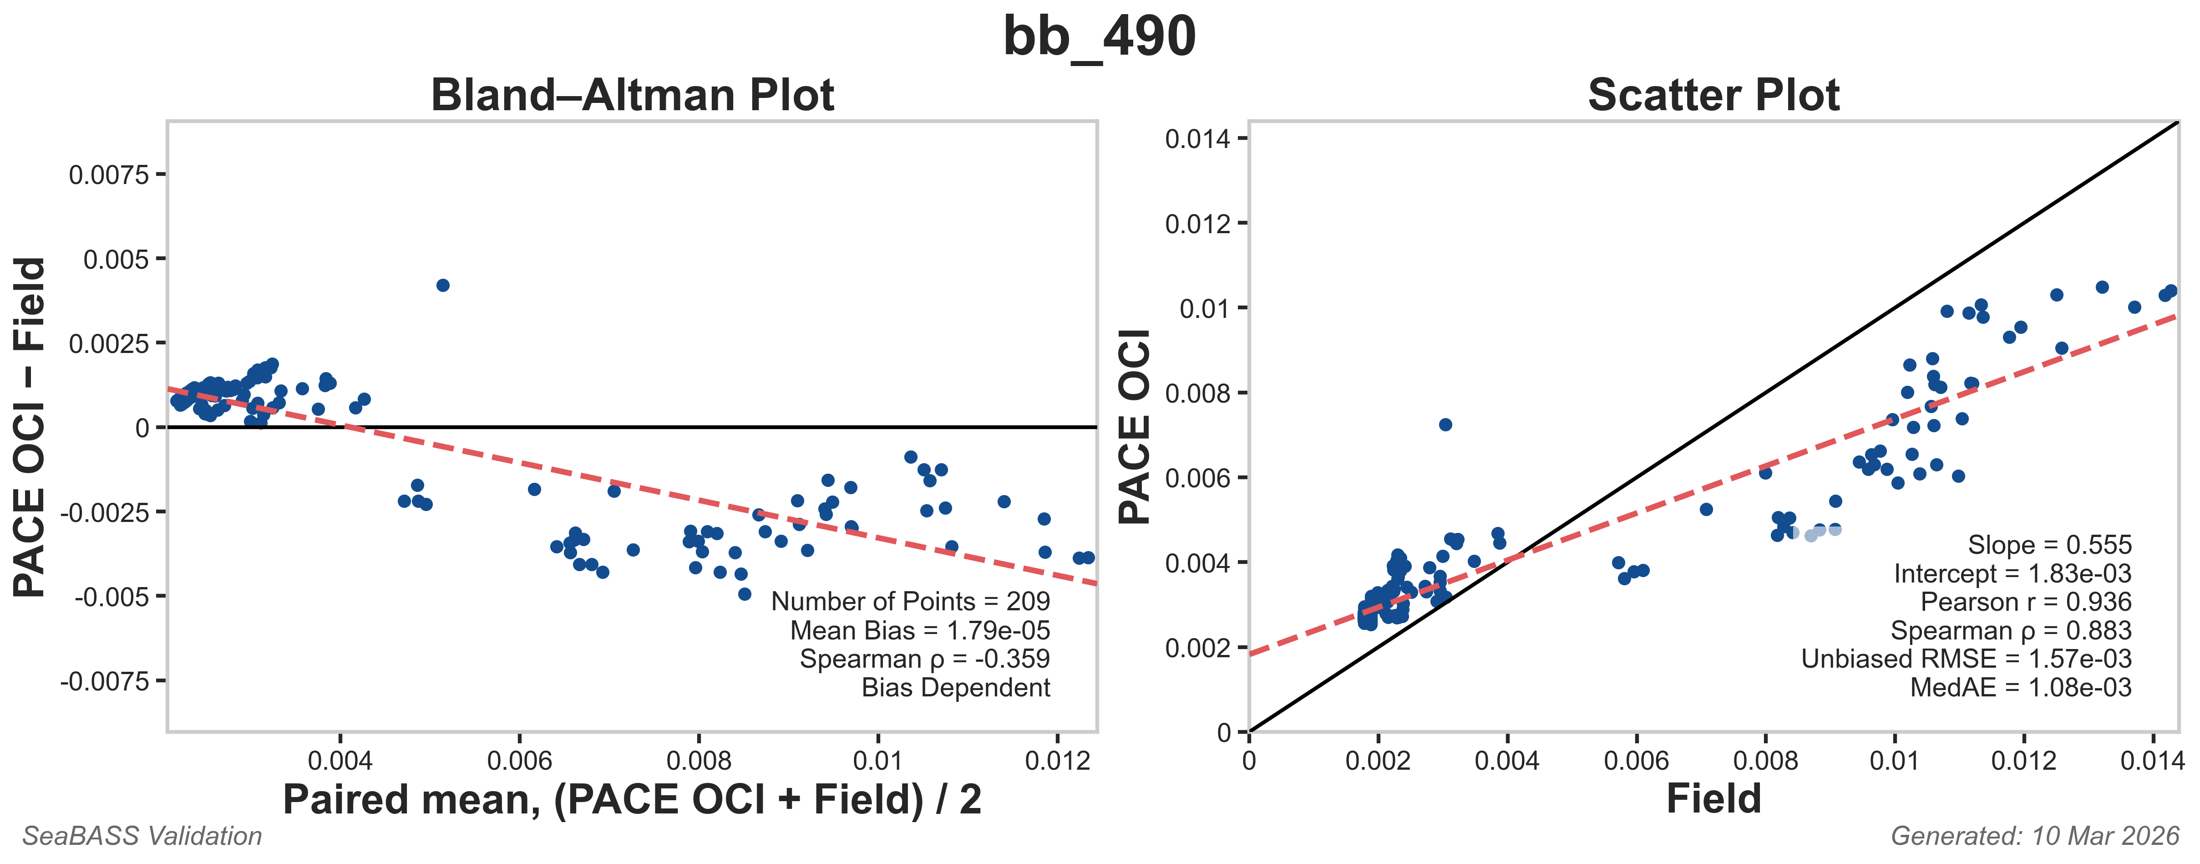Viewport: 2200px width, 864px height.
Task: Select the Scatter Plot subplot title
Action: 1713,95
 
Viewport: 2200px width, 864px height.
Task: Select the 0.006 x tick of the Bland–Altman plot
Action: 519,760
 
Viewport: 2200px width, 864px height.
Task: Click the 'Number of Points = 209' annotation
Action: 910,602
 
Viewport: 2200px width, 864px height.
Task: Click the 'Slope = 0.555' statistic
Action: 2049,545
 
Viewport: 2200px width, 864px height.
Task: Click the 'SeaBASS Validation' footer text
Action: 142,836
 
